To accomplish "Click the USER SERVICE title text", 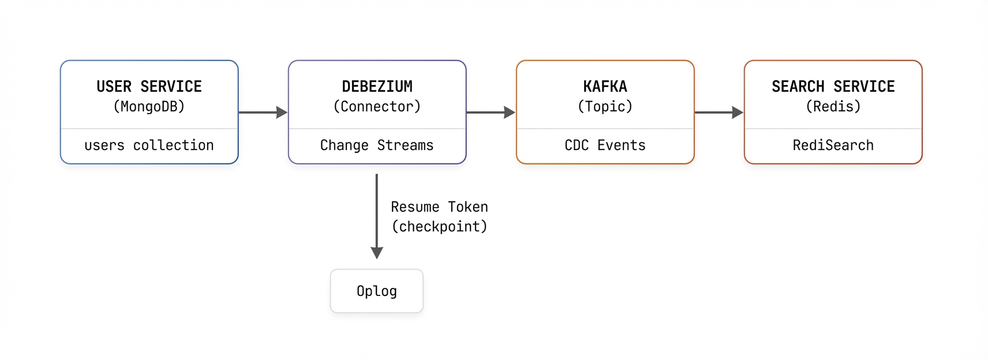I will pyautogui.click(x=149, y=87).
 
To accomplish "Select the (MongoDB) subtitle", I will pyautogui.click(x=149, y=107).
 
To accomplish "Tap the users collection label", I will pyautogui.click(x=149, y=145).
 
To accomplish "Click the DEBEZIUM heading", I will pyautogui.click(x=377, y=87).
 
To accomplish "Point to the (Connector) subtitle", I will pyautogui.click(x=377, y=107).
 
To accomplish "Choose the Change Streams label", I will pyautogui.click(x=377, y=145).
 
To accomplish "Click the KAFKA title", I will pyautogui.click(x=605, y=87).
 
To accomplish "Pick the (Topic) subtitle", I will pyautogui.click(x=605, y=107).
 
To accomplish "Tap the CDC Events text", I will pyautogui.click(x=605, y=145).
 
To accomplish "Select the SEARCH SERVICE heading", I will pyautogui.click(x=833, y=87).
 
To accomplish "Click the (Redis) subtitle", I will pyautogui.click(x=833, y=107).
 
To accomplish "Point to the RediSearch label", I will pyautogui.click(x=833, y=145).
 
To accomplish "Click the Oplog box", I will pyautogui.click(x=377, y=291).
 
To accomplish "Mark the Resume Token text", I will pyautogui.click(x=439, y=207).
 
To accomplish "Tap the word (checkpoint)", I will pyautogui.click(x=439, y=227).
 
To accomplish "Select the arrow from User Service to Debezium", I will pyautogui.click(x=263, y=112).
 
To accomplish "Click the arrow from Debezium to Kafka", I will pyautogui.click(x=491, y=112).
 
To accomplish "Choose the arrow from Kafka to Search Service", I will pyautogui.click(x=718, y=112).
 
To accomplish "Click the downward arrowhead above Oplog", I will pyautogui.click(x=377, y=253).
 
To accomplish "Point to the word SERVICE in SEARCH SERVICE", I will pyautogui.click(x=864, y=87).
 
